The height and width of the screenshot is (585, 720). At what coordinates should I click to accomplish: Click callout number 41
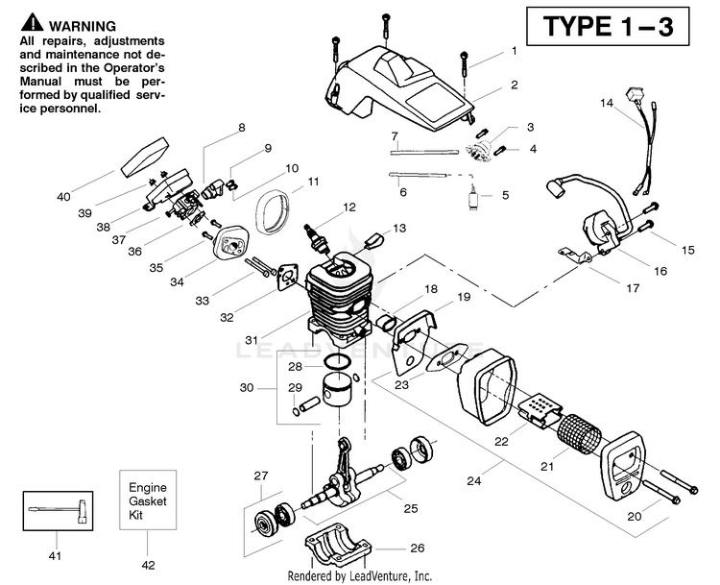pyautogui.click(x=55, y=555)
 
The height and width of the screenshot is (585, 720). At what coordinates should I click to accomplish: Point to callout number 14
pyautogui.click(x=606, y=102)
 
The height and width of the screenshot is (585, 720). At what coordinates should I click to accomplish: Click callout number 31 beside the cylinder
pyautogui.click(x=252, y=340)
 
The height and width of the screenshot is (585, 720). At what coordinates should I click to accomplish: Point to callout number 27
pyautogui.click(x=259, y=475)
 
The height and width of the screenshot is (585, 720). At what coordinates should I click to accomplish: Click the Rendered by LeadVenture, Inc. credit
pyautogui.click(x=360, y=575)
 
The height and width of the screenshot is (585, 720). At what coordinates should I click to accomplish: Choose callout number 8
pyautogui.click(x=242, y=128)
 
